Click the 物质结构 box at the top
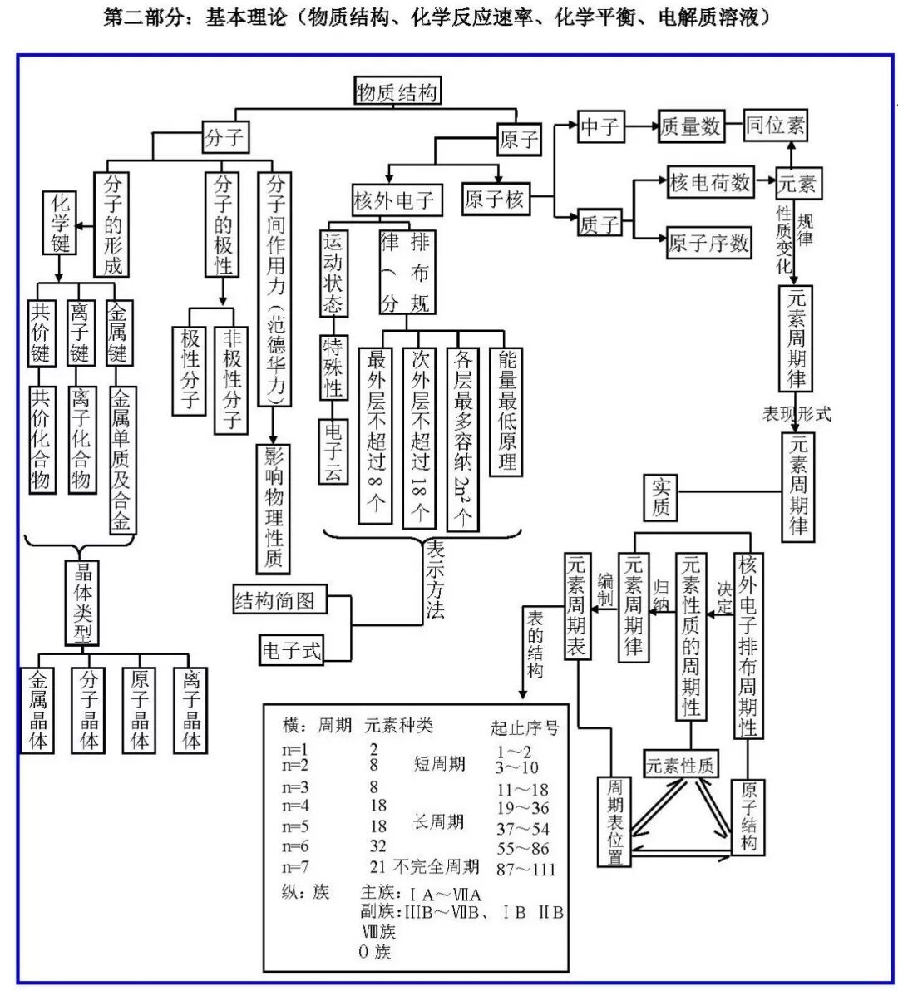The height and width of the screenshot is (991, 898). [x=397, y=91]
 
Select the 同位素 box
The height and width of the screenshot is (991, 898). [x=775, y=126]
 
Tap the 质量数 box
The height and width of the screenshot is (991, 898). [x=690, y=126]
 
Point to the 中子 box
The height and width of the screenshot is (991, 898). [x=600, y=126]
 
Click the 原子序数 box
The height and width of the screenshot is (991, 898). [x=708, y=244]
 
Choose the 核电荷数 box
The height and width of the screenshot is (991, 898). [x=709, y=183]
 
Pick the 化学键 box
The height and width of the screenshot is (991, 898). [x=61, y=223]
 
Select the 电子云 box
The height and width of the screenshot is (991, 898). [x=333, y=451]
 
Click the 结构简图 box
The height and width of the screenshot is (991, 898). [x=279, y=600]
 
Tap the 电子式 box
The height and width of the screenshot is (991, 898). [x=291, y=650]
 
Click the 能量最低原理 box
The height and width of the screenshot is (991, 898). [x=506, y=411]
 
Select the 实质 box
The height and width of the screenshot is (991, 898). [x=661, y=496]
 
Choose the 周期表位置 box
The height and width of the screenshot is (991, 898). [x=614, y=821]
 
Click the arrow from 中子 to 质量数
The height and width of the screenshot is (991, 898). [x=641, y=126]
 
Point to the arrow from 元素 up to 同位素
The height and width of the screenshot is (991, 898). [x=792, y=154]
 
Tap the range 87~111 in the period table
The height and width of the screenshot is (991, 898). [x=525, y=869]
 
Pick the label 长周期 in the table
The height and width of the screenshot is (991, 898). [x=438, y=822]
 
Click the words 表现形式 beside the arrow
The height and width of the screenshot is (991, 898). [x=797, y=413]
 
